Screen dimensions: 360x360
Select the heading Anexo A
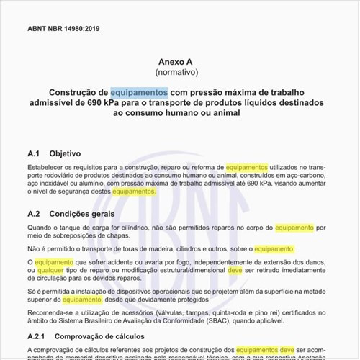coord(180,62)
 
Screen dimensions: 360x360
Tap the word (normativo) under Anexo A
coord(180,73)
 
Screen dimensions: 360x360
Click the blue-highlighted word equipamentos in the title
coord(139,93)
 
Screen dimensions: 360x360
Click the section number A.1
coord(35,153)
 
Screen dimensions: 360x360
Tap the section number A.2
coord(35,214)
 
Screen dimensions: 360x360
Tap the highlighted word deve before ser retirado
coord(236,271)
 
